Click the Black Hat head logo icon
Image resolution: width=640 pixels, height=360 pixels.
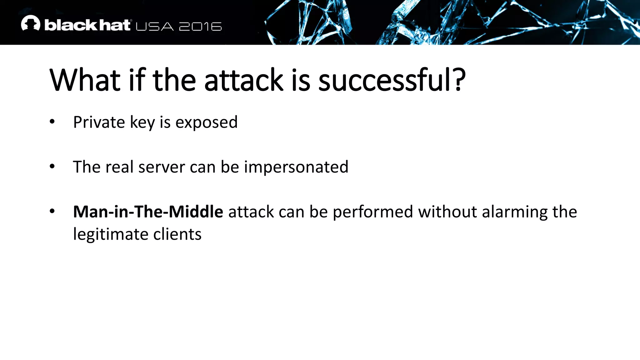31,23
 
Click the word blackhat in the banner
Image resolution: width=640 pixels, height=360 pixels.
87,25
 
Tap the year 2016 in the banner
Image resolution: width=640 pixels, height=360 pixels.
200,27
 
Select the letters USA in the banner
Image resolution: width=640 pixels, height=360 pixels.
155,27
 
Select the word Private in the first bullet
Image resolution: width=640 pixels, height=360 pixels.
99,122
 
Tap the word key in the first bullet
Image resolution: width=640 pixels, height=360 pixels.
142,122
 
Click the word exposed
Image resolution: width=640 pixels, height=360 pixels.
206,122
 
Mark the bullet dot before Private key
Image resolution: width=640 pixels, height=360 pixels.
52,122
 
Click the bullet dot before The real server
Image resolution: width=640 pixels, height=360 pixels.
52,167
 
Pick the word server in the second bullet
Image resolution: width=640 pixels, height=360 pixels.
162,167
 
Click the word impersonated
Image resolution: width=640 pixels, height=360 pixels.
296,167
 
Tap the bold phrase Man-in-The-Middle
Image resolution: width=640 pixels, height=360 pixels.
148,212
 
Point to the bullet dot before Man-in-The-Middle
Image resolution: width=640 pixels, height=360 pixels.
52,212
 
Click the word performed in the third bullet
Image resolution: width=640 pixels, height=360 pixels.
373,212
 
